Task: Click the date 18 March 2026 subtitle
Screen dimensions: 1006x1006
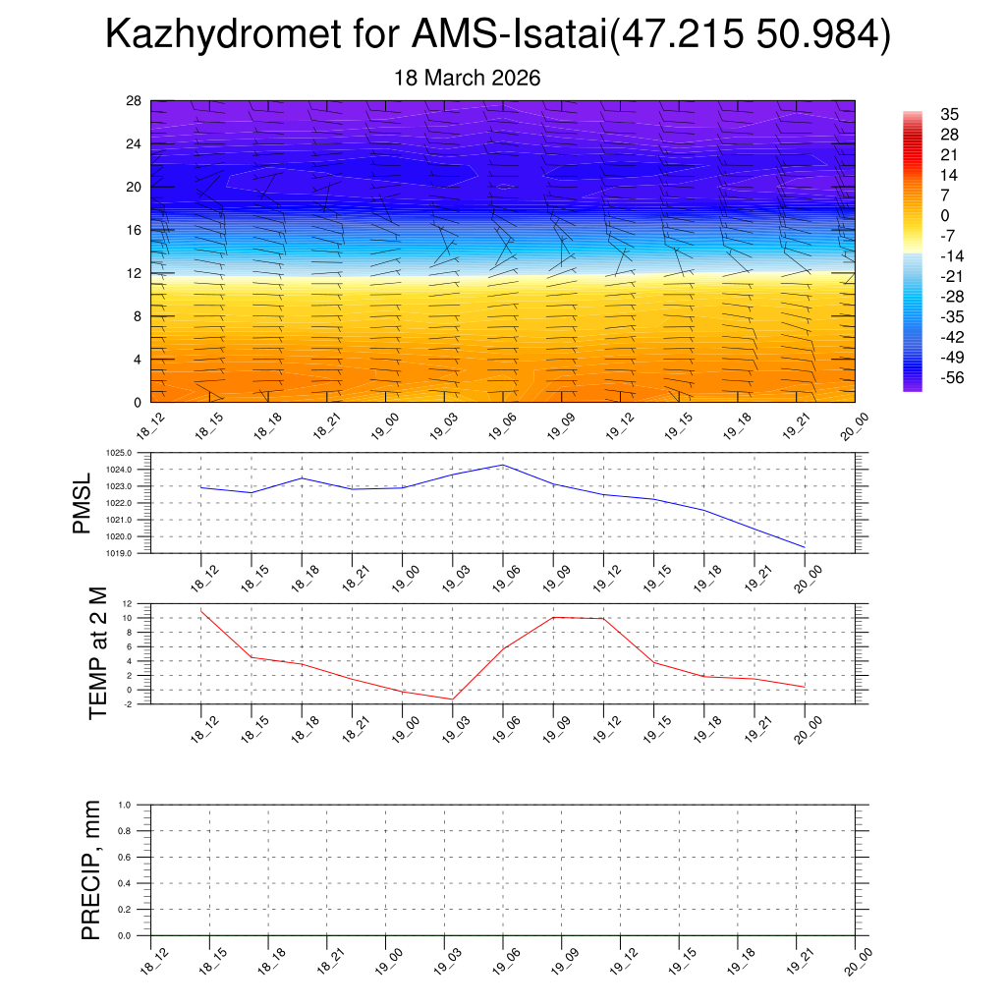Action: click(x=467, y=78)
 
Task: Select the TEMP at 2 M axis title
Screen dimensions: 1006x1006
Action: click(x=97, y=653)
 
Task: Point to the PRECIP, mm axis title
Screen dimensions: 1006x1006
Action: click(x=91, y=870)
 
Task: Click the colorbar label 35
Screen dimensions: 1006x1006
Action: click(x=950, y=114)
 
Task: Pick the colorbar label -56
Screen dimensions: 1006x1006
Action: click(x=953, y=378)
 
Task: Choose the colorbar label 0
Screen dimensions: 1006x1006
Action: click(x=945, y=215)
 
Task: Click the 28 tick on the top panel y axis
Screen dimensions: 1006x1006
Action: click(x=135, y=100)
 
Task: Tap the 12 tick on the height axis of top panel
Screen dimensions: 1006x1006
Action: click(x=135, y=273)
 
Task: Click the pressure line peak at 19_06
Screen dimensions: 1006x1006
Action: click(x=503, y=465)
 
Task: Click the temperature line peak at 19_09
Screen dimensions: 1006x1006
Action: click(x=553, y=617)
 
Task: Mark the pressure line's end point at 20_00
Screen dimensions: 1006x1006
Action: click(x=805, y=547)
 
